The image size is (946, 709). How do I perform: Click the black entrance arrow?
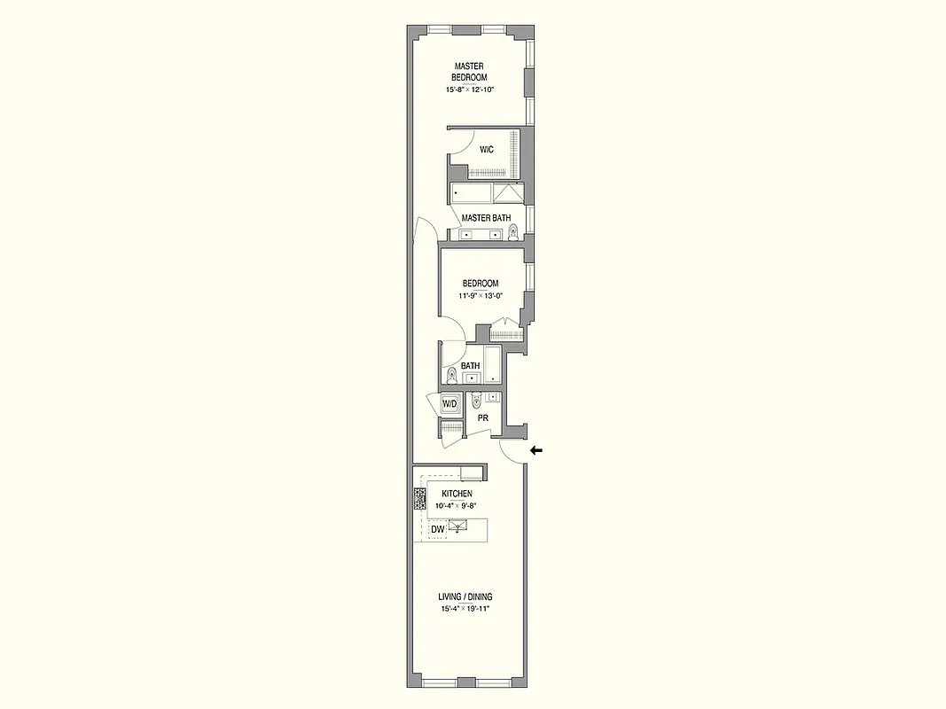tap(536, 450)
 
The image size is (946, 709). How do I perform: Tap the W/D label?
tap(450, 404)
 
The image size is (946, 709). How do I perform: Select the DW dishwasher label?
tap(437, 530)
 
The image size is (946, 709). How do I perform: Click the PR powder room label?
tap(483, 417)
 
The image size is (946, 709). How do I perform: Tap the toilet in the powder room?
tap(476, 401)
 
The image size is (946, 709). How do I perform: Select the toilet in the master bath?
tap(512, 233)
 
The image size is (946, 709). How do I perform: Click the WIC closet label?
tap(487, 150)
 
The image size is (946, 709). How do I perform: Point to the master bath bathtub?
tap(471, 193)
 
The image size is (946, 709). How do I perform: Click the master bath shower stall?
tap(509, 193)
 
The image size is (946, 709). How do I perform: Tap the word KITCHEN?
tap(457, 494)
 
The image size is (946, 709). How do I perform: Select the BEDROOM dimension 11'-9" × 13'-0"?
tap(480, 296)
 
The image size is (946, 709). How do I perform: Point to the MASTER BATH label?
tap(486, 218)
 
